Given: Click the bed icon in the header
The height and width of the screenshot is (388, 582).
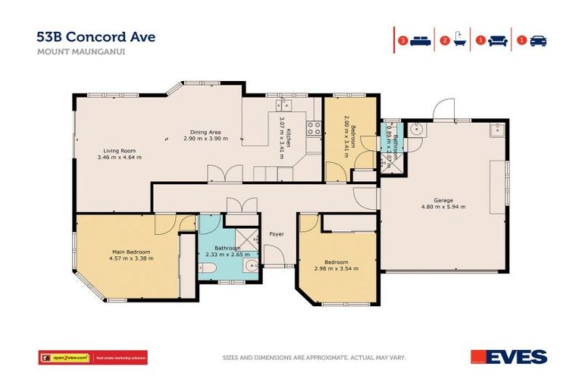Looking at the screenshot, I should (420, 40).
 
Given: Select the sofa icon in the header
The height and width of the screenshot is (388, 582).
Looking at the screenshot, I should (497, 40).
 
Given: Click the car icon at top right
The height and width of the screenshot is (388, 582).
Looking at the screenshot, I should (538, 40).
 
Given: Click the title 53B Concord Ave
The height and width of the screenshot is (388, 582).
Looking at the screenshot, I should (95, 37).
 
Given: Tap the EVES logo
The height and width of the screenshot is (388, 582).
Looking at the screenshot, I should (508, 356).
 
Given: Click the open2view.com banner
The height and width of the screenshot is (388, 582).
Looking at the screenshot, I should (92, 357).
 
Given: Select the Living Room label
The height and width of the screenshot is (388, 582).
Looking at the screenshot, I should (117, 151).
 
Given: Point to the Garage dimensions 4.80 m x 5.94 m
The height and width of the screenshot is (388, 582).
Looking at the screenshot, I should (443, 206).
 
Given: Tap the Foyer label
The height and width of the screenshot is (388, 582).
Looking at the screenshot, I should (277, 234).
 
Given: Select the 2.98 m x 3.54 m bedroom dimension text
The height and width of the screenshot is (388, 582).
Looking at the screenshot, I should (336, 268).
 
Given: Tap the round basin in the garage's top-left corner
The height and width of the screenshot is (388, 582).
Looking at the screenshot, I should (414, 130).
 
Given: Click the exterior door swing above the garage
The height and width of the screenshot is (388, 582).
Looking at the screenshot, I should (443, 110).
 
